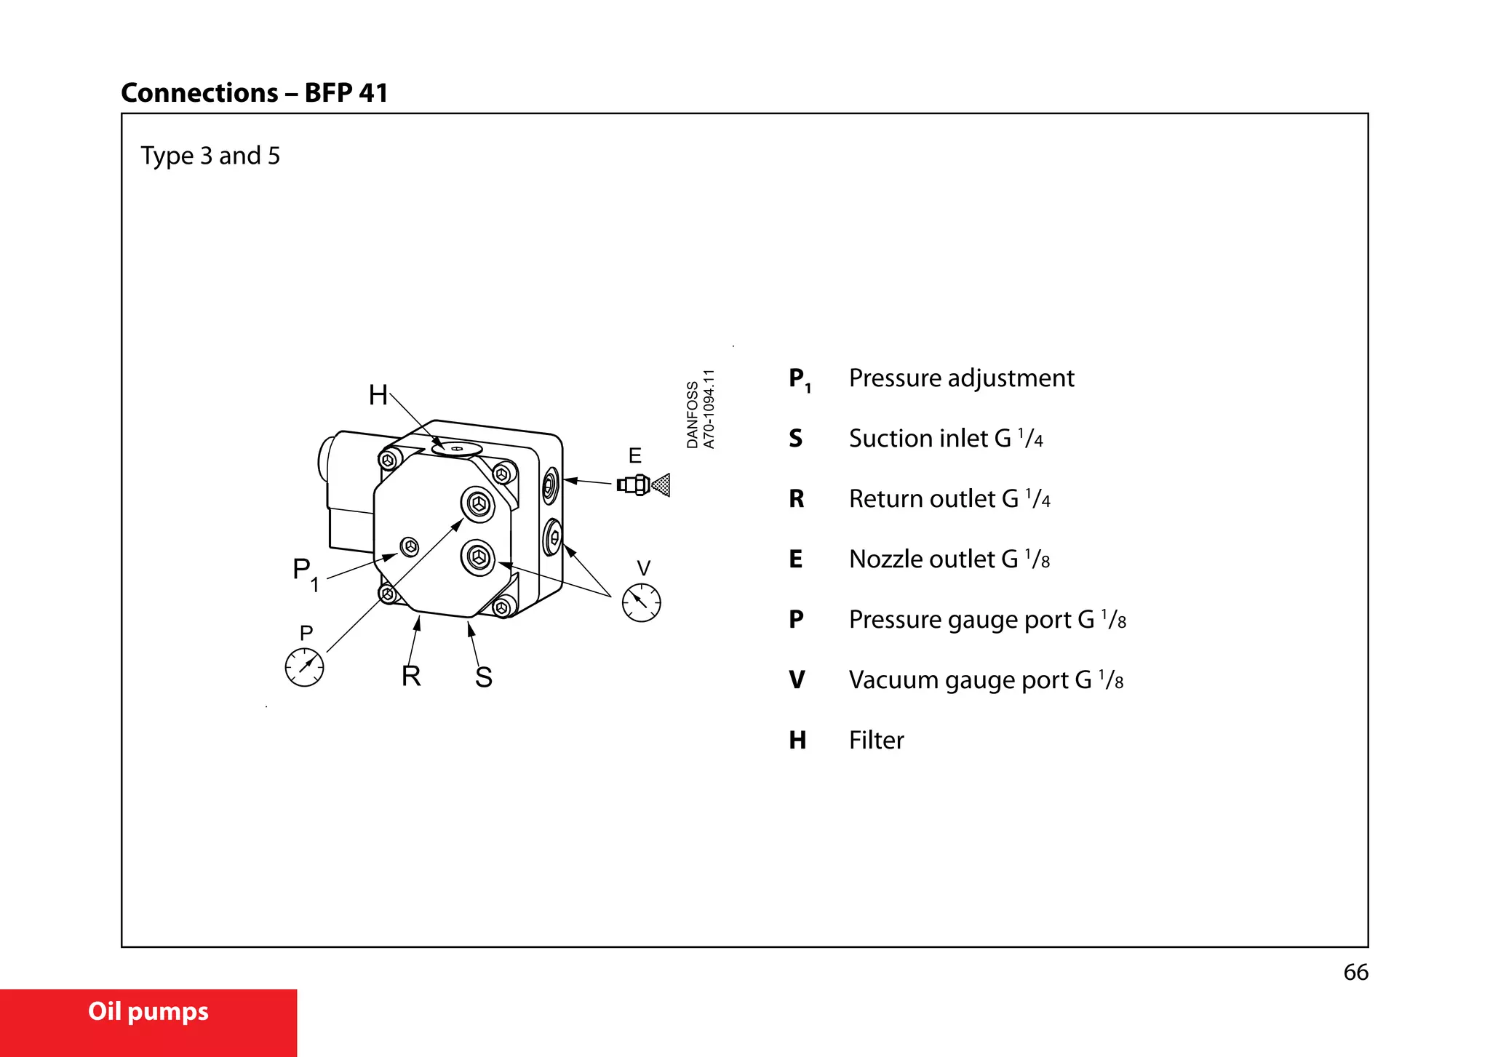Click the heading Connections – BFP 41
(x=254, y=93)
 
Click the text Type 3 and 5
(x=210, y=156)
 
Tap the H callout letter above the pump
(x=378, y=395)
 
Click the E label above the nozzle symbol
(x=634, y=456)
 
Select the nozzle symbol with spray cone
(x=643, y=484)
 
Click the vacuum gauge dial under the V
(x=641, y=602)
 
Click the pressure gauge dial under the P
(x=304, y=667)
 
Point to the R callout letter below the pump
(x=411, y=676)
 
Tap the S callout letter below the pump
(x=484, y=677)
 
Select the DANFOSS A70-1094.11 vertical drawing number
(x=701, y=410)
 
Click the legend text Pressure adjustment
(x=961, y=378)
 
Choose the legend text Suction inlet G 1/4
(x=946, y=439)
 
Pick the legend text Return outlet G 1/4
(x=949, y=499)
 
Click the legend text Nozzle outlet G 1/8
(x=949, y=559)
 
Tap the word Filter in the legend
(x=876, y=741)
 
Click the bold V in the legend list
(x=797, y=680)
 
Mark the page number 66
(x=1355, y=973)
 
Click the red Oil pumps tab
(x=148, y=1013)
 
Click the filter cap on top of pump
(x=457, y=449)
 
